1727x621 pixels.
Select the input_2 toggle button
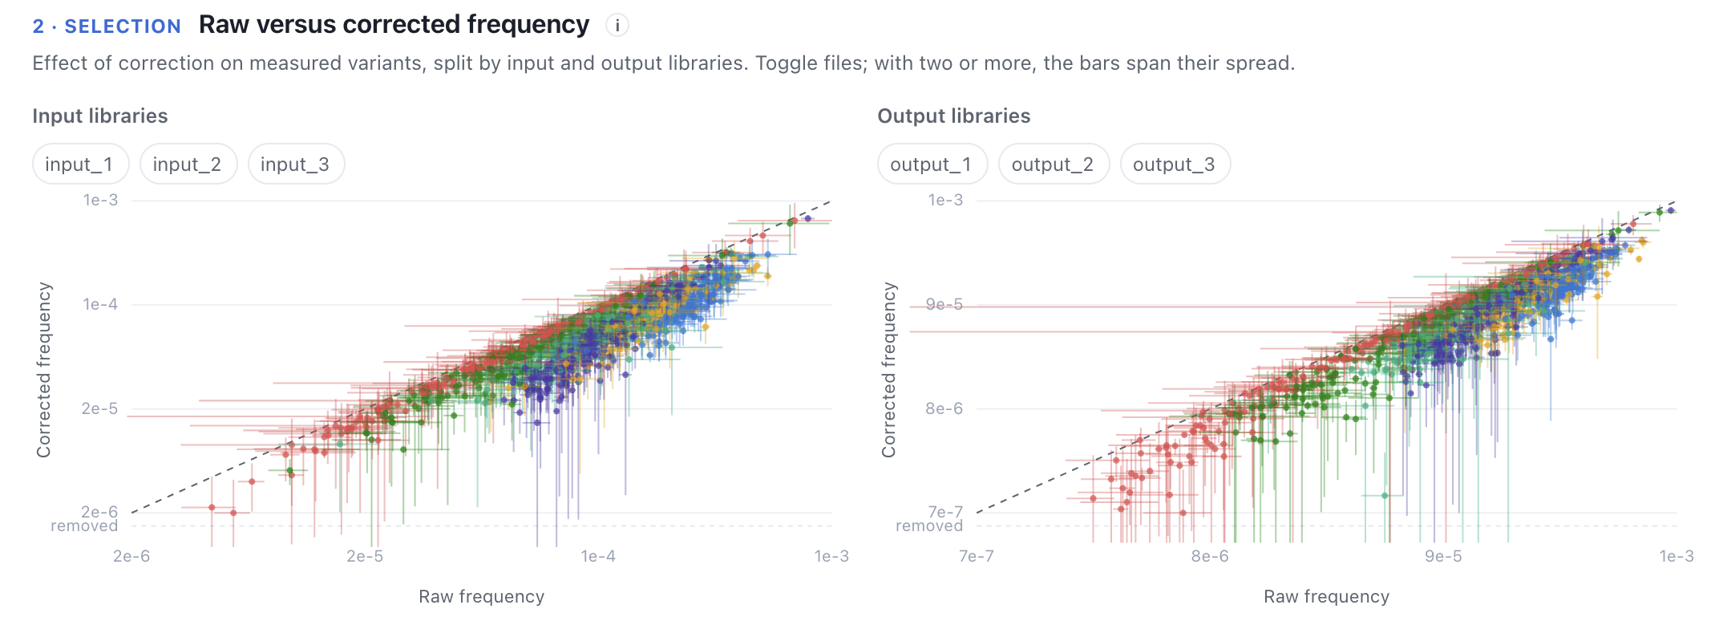click(x=188, y=164)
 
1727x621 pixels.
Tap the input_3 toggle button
click(x=296, y=164)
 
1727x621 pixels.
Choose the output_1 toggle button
click(x=932, y=164)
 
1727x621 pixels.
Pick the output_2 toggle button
click(x=1054, y=164)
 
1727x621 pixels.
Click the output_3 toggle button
click(x=1175, y=164)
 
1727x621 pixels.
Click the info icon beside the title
click(x=617, y=26)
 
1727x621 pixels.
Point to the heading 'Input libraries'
click(x=100, y=116)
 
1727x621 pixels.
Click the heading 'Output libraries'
click(x=954, y=116)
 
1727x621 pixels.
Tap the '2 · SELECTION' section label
click(x=107, y=26)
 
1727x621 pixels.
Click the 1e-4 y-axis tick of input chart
click(x=100, y=304)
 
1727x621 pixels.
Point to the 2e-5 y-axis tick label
click(x=99, y=408)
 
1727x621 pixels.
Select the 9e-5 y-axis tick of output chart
click(x=944, y=304)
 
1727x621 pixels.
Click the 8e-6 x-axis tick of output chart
click(x=1210, y=556)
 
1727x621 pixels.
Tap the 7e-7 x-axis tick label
click(x=977, y=556)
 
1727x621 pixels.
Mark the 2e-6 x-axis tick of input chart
click(x=131, y=556)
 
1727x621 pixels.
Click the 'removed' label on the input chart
click(x=84, y=526)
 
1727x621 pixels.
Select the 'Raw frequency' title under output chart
click(x=1327, y=597)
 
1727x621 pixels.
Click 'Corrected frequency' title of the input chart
click(x=43, y=370)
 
